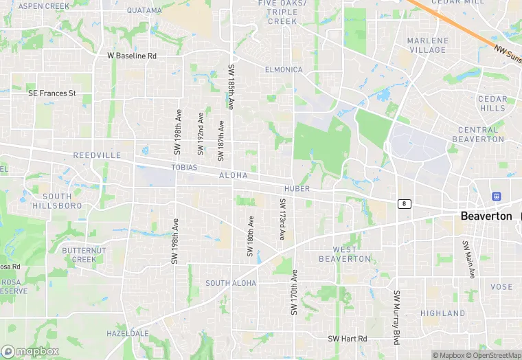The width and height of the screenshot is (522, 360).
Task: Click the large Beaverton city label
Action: pos(486,216)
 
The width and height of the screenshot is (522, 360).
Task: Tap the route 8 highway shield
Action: pos(404,203)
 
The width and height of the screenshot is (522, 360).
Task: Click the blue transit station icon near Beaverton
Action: pos(497,196)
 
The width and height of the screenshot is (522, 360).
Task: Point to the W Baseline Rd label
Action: pos(132,56)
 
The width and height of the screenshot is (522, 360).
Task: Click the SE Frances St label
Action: pos(52,93)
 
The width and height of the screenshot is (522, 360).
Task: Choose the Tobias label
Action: pos(184,168)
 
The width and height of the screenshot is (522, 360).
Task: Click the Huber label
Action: pos(296,188)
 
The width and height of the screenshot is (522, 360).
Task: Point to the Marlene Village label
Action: pos(428,45)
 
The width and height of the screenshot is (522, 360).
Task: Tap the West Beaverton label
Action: pos(345,254)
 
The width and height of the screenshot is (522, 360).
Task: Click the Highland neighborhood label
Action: pos(443,313)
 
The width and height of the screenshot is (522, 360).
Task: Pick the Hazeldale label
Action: pos(128,333)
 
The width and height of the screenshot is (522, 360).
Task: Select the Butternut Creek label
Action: pos(84,255)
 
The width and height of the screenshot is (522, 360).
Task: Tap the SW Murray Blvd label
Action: pos(397,317)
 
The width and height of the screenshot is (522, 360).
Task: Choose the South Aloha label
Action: pos(231,283)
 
